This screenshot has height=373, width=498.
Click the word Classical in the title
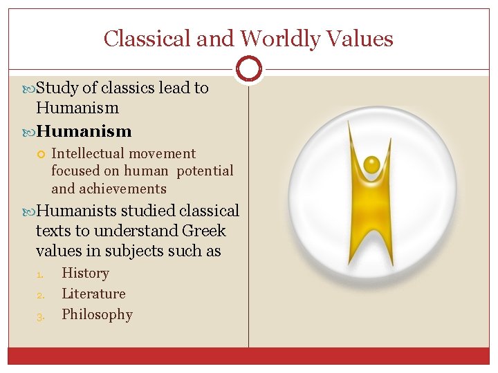[147, 39]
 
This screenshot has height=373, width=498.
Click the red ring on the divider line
[249, 69]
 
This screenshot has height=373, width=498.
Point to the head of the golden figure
[372, 164]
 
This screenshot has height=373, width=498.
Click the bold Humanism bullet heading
[84, 131]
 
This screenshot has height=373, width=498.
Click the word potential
[205, 171]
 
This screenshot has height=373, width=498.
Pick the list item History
[85, 273]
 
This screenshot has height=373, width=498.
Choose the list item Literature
[93, 294]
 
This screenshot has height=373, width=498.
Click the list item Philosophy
[97, 314]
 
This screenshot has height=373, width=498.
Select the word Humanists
[77, 211]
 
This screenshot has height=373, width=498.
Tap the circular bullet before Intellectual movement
[41, 154]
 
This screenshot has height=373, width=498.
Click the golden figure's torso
[372, 207]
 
